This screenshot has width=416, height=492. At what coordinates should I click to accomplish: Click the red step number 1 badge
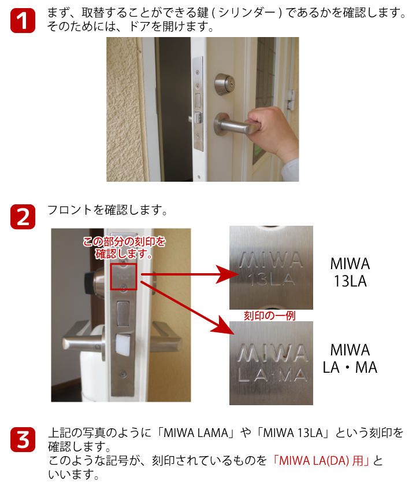(23, 21)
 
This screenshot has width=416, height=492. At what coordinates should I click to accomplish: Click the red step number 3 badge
(23, 439)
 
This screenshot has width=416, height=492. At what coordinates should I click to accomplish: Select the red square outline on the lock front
(124, 277)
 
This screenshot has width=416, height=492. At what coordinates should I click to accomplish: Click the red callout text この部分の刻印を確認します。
(124, 247)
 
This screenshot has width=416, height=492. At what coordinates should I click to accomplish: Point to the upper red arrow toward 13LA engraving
(185, 274)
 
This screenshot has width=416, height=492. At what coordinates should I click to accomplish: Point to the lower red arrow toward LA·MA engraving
(185, 310)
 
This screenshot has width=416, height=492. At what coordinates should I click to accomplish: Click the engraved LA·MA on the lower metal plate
(271, 376)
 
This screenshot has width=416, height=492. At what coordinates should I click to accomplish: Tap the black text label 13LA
(350, 282)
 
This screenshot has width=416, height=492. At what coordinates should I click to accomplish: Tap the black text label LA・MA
(350, 367)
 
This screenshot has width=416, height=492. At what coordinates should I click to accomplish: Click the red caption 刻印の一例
(270, 315)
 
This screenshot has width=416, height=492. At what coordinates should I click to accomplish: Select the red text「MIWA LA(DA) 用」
(321, 461)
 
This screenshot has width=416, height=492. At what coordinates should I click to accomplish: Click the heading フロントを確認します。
(107, 210)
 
